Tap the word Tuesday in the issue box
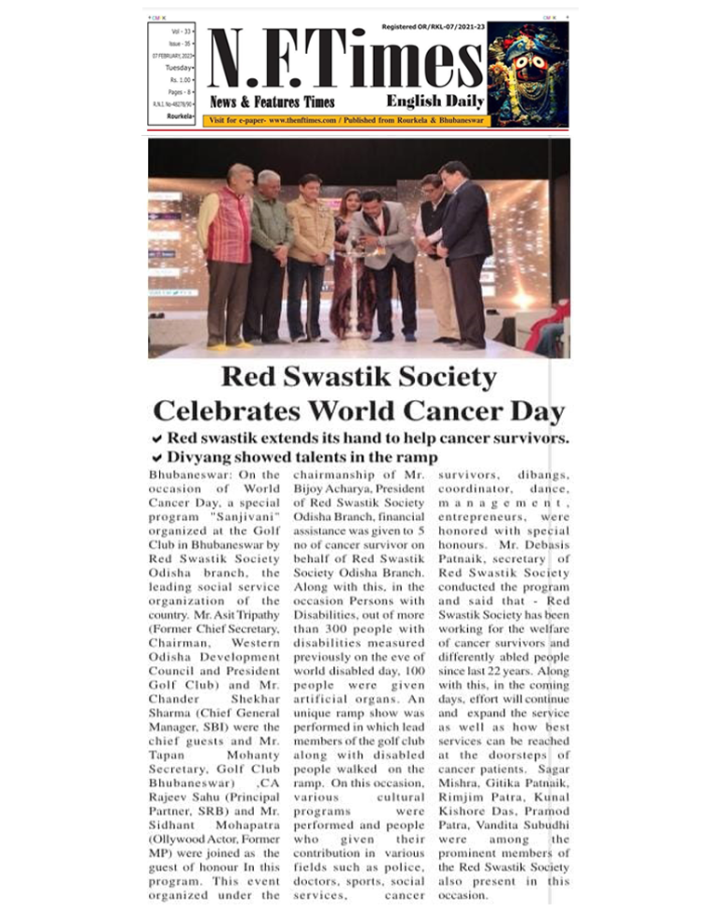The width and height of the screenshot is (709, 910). click(x=179, y=68)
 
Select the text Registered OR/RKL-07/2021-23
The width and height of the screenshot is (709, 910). click(x=433, y=27)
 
